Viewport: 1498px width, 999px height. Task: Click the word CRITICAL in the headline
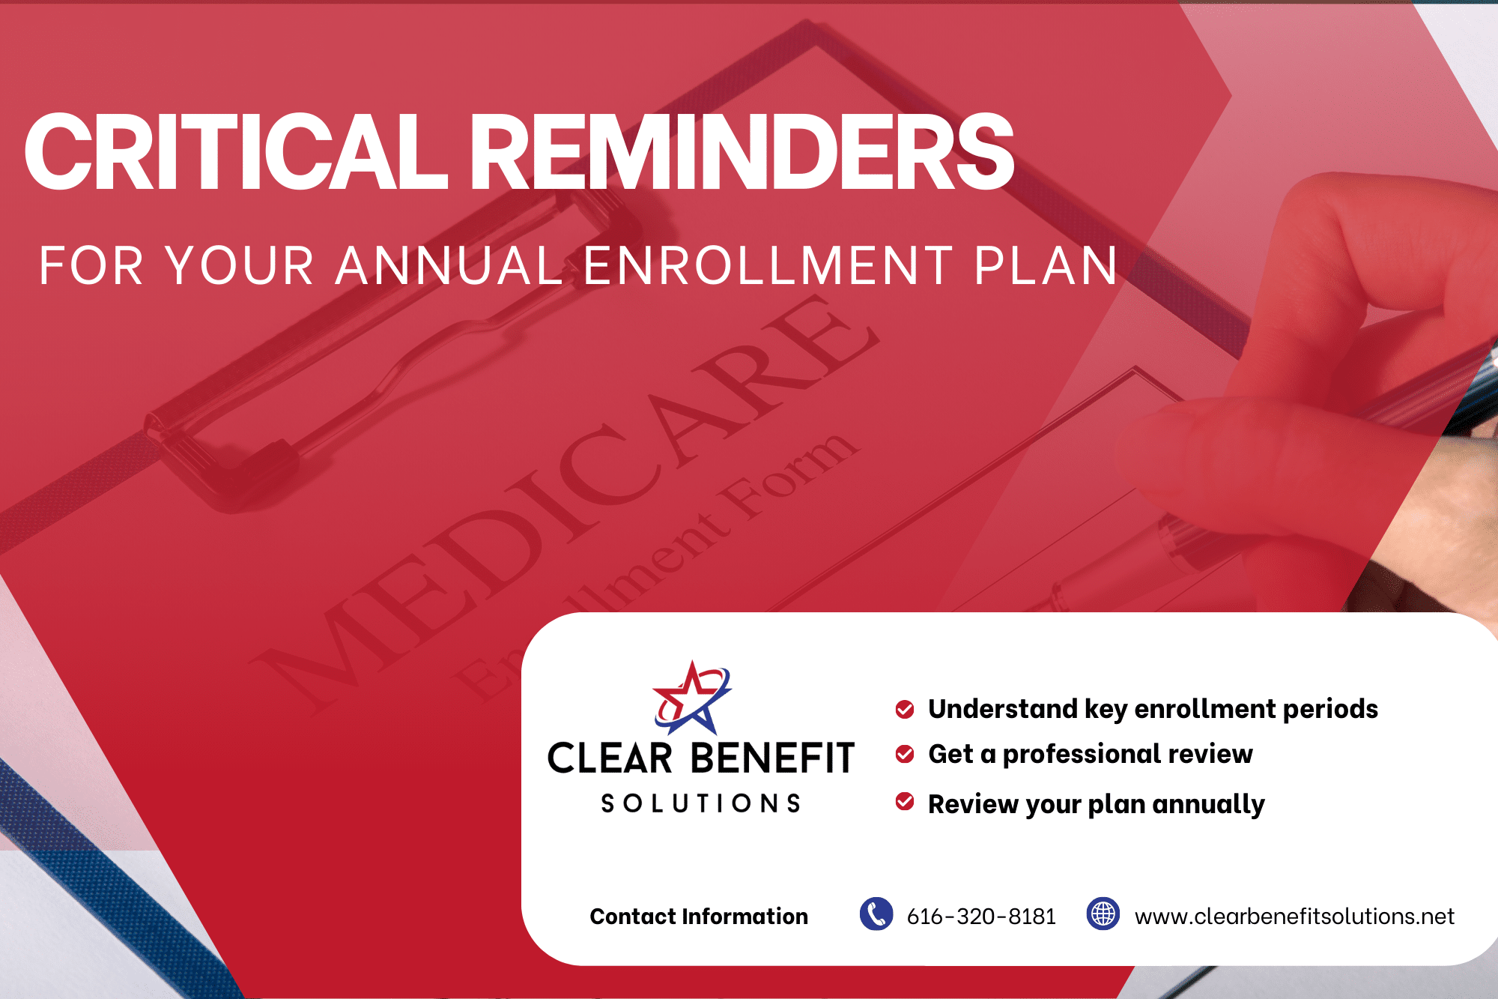(237, 151)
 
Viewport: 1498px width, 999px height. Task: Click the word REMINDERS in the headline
(742, 151)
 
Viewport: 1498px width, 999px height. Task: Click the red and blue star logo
(692, 698)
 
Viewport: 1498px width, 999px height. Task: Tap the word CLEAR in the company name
(610, 758)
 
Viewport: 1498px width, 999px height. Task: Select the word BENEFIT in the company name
(773, 758)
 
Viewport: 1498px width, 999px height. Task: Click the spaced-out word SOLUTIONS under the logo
(701, 803)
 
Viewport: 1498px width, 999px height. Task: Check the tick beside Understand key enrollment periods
(905, 709)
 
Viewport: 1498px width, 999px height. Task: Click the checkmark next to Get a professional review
(905, 753)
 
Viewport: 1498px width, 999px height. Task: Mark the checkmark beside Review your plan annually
(905, 801)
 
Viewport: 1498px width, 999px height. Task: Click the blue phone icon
(876, 914)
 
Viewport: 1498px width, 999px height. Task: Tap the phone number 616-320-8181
(981, 916)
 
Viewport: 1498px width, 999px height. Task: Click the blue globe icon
(1103, 914)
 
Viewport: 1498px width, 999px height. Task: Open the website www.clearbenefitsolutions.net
(1294, 916)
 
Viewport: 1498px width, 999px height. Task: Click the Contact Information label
(699, 916)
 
